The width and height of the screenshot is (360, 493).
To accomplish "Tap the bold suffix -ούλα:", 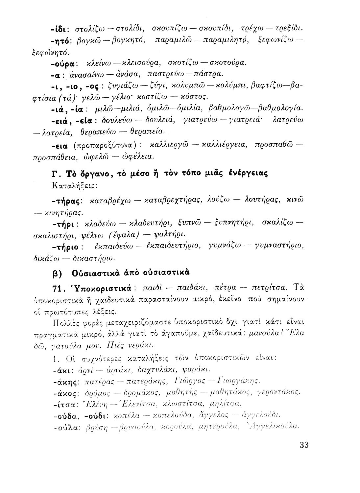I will click(65, 427).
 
